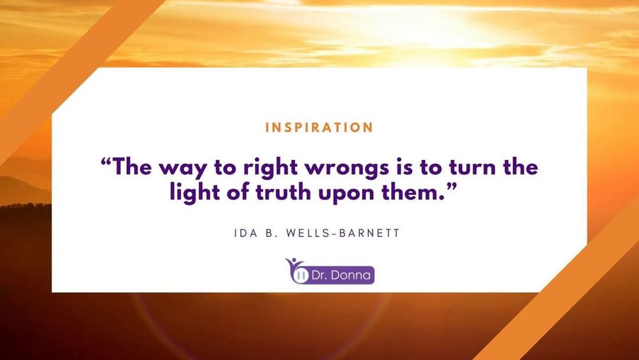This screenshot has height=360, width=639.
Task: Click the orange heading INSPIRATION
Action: click(319, 127)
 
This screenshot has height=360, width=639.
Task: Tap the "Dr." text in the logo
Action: click(321, 275)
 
